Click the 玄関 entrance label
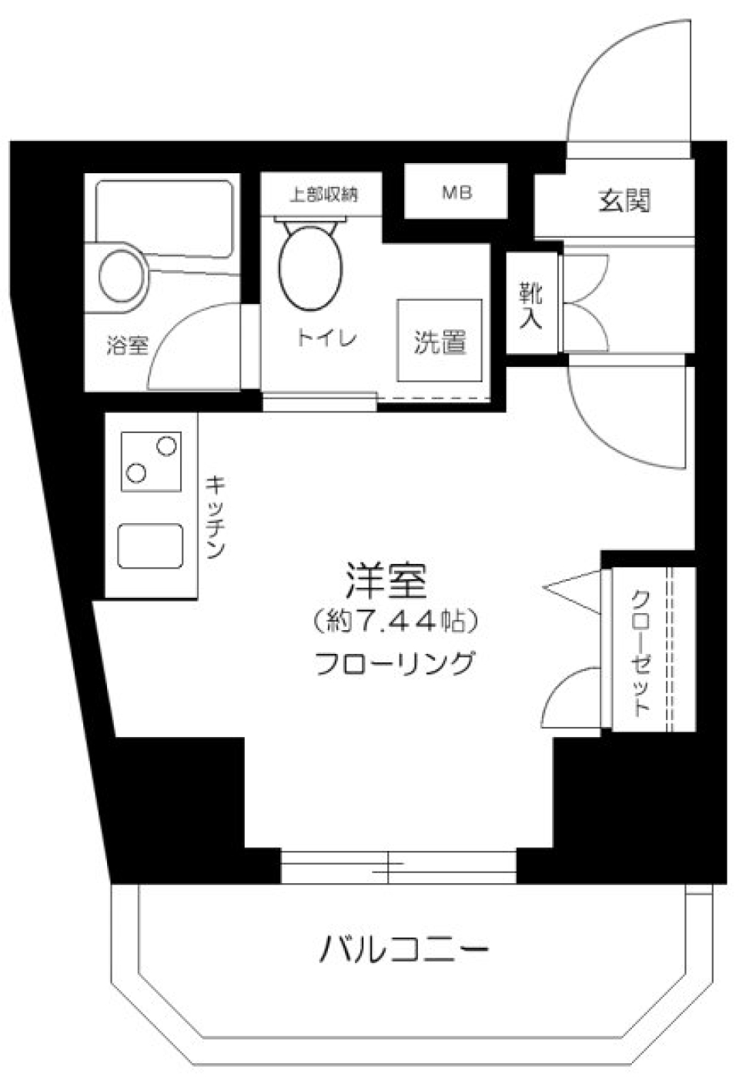624,201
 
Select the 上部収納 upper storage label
323,195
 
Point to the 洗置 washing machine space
440,342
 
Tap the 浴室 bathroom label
127,346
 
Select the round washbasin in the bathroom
122,272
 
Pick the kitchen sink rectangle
151,546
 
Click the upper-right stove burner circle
166,445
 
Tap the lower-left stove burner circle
136,473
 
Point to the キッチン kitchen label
216,515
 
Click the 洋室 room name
386,582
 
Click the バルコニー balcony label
404,951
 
